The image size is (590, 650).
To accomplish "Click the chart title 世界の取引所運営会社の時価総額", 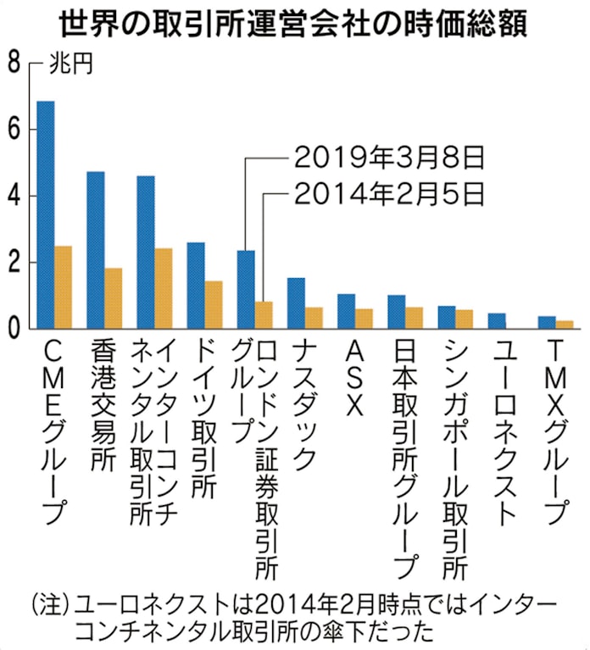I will click(295, 24).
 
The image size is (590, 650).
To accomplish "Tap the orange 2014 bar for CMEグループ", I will click(63, 287).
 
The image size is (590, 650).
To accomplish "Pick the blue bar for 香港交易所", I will click(96, 250).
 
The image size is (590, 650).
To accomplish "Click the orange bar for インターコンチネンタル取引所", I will click(164, 288).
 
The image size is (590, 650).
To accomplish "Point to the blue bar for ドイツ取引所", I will click(195, 286).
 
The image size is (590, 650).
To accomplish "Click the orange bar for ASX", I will click(363, 319).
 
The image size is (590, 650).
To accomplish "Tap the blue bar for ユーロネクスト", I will click(497, 320).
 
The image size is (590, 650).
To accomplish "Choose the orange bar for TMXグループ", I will click(564, 325).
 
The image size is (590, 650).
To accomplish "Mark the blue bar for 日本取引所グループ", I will click(396, 311).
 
